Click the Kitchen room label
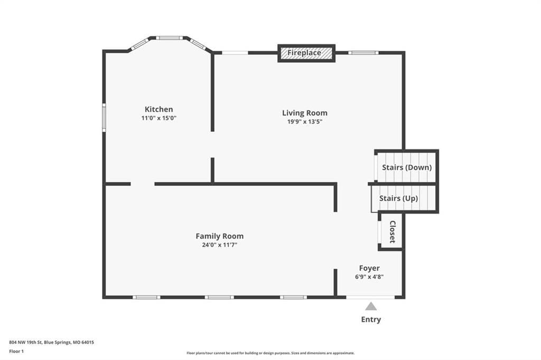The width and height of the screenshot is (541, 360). tap(158, 109)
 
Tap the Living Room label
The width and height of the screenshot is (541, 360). tap(305, 113)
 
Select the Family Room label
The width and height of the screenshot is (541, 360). tap(219, 236)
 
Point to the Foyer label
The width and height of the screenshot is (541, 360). tap(369, 268)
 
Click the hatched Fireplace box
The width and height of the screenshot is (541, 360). tap(306, 53)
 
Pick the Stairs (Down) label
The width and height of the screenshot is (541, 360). tap(407, 167)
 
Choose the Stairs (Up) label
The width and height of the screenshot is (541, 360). tap(398, 198)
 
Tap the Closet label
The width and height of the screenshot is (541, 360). tap(393, 232)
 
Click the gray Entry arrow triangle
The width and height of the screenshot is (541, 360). tap(371, 306)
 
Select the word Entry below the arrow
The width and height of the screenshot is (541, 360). tap(371, 319)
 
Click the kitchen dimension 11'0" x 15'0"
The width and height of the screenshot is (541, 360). tap(158, 118)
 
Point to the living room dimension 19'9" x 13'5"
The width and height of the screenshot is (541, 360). tap(305, 121)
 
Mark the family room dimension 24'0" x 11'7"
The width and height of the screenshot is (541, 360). tap(219, 245)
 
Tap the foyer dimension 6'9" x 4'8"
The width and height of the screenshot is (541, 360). tap(369, 277)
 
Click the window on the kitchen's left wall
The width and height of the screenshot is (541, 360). tap(104, 118)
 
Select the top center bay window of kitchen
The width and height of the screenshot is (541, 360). tap(169, 38)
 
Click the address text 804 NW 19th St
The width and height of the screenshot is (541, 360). tap(25, 343)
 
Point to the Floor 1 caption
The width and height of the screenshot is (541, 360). tap(16, 352)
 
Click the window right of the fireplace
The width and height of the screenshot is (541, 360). tap(363, 53)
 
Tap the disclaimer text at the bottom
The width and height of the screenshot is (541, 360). tap(270, 353)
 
